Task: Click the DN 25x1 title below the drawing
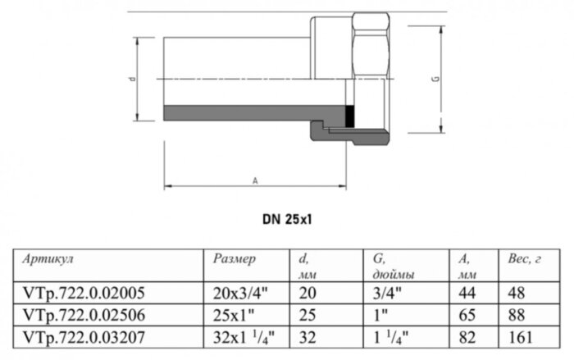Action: point(286,220)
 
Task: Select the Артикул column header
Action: point(48,259)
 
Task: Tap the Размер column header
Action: point(235,259)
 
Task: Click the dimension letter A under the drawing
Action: point(255,179)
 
